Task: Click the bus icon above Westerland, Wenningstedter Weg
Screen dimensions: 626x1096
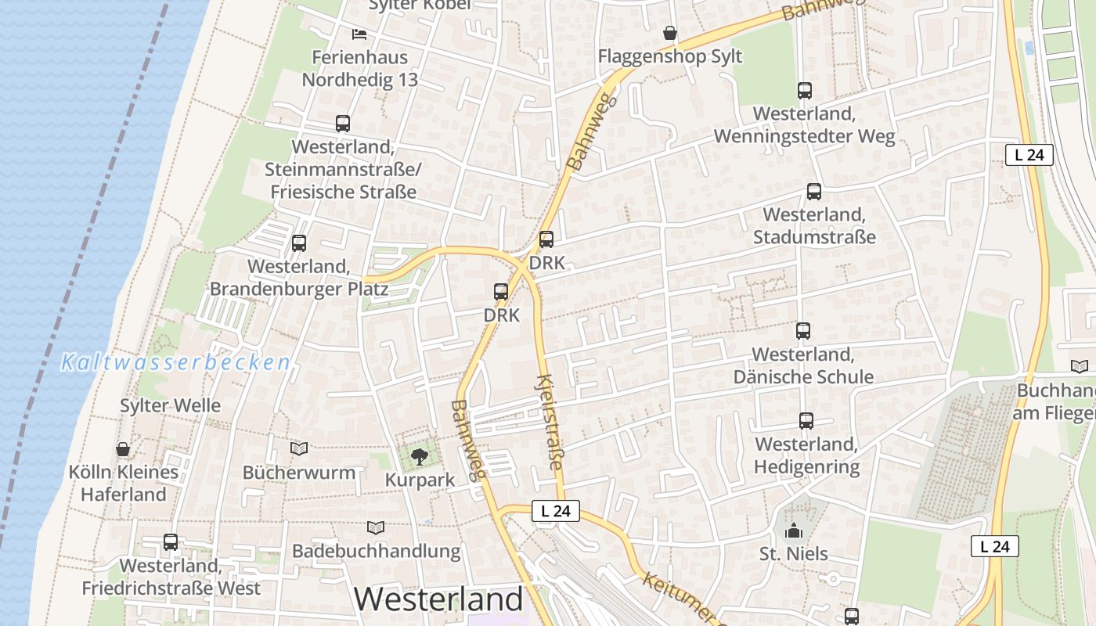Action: coord(805,91)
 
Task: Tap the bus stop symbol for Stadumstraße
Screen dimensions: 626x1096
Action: coord(814,192)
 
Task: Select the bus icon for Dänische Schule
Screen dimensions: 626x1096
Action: coord(803,331)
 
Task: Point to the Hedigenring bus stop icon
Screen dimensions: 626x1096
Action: coord(806,421)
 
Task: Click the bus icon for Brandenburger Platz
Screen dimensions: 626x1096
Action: coord(299,243)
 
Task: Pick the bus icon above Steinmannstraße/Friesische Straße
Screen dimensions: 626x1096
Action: coord(343,124)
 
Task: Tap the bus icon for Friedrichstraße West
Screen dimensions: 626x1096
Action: coord(171,541)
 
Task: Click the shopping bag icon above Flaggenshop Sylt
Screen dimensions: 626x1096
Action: coord(670,33)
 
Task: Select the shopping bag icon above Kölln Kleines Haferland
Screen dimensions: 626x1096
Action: coord(123,449)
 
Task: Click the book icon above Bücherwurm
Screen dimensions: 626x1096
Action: coord(299,448)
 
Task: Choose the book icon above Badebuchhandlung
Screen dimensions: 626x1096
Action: coord(376,527)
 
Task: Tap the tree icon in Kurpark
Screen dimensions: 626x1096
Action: coord(420,456)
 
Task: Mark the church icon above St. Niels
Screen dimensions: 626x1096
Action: coord(794,531)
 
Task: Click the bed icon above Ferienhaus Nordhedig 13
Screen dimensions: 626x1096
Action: coord(359,34)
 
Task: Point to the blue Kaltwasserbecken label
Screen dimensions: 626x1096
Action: coord(176,363)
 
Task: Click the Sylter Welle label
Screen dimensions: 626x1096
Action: coord(170,405)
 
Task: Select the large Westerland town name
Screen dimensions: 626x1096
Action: coord(438,599)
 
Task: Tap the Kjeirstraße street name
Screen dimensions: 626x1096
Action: coord(550,423)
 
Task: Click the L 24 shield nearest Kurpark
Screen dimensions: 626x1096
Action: coord(556,512)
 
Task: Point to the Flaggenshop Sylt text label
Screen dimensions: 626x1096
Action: coord(670,56)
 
